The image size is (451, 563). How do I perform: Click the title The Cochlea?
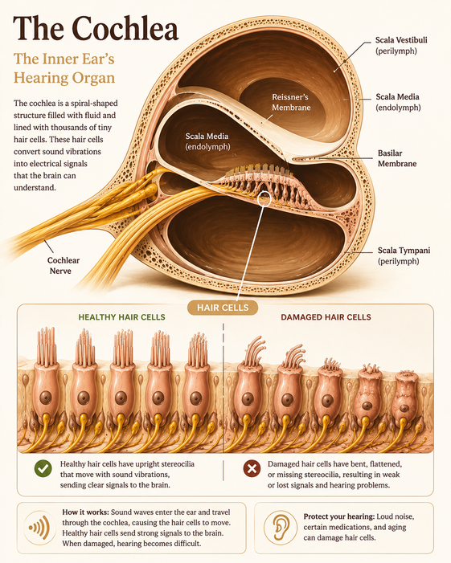click(x=96, y=28)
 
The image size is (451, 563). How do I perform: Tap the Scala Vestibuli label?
click(x=401, y=45)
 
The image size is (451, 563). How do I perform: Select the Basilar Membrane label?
click(x=397, y=158)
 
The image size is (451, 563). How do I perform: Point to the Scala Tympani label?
click(x=404, y=255)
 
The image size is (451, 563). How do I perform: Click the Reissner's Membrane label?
click(x=291, y=102)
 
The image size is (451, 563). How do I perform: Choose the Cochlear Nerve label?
click(x=64, y=265)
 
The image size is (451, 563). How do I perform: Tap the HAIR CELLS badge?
click(x=223, y=308)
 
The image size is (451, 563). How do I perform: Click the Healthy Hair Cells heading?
click(x=122, y=317)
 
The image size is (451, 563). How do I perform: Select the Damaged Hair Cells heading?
click(x=326, y=317)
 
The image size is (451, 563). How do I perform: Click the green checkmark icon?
click(x=43, y=468)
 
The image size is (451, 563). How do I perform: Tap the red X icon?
click(x=252, y=468)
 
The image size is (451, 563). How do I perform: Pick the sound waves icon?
click(x=40, y=528)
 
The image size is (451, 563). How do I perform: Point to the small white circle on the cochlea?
click(x=264, y=199)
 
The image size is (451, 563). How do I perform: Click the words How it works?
click(x=85, y=512)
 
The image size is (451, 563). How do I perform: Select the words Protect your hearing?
click(x=339, y=516)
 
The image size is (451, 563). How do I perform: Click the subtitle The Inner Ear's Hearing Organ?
click(x=64, y=68)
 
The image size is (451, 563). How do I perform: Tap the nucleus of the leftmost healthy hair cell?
click(x=45, y=398)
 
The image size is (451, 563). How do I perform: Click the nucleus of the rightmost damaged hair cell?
click(x=404, y=408)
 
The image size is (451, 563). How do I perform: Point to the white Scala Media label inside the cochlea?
click(x=207, y=141)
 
